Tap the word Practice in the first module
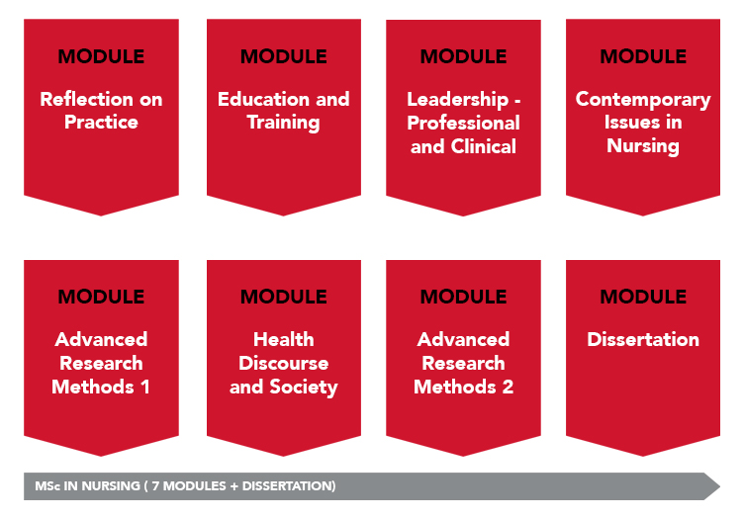[101, 123]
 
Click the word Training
[283, 124]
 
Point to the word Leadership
[457, 100]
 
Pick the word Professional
[463, 124]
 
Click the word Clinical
[483, 146]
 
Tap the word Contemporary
[643, 100]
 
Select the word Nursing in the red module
[643, 146]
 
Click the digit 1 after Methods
[145, 387]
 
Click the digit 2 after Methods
[508, 387]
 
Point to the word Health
[283, 339]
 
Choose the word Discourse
[283, 363]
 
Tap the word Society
[304, 388]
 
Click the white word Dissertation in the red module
[643, 339]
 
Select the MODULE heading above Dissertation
[643, 297]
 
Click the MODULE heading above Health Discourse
[283, 297]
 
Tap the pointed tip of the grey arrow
[720, 486]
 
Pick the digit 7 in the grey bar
[155, 486]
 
